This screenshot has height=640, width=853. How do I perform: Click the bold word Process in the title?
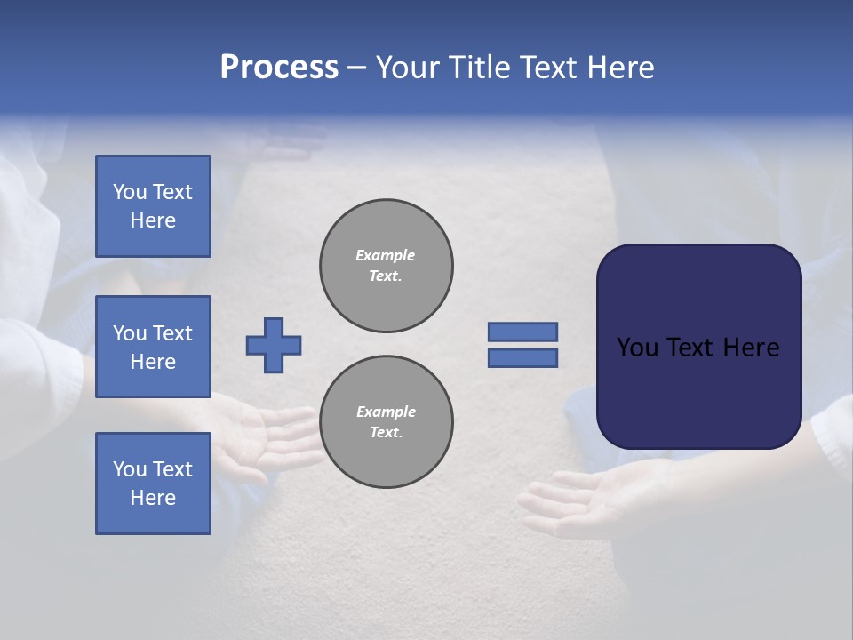coord(279,68)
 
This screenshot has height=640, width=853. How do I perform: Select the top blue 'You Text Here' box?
coord(153,206)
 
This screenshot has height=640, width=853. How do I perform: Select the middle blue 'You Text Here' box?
coord(153,347)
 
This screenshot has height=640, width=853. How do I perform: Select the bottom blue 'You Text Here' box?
coord(153,483)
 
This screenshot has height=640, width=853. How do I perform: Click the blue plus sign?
coord(274,345)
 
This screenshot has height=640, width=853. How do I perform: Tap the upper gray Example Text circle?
coord(386,266)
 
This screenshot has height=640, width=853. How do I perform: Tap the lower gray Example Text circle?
coord(386,421)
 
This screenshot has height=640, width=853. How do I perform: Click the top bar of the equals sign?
coord(522,332)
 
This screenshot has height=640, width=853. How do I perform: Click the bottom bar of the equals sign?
coord(522,357)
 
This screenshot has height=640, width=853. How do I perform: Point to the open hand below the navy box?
coord(586,498)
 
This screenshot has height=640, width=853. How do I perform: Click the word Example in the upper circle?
coord(385,255)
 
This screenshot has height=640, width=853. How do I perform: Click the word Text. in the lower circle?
coord(385,432)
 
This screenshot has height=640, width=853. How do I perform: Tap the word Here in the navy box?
coord(751,348)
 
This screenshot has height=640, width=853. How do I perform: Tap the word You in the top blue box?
coord(130,192)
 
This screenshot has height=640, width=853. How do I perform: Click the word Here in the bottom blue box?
coord(153,498)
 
